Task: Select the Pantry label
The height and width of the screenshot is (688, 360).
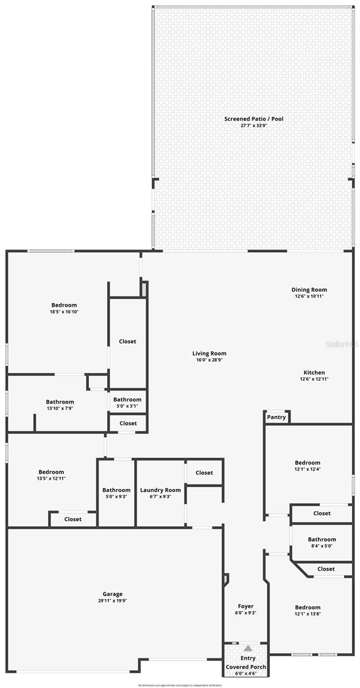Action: coord(276,417)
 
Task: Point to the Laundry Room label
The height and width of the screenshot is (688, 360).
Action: coord(161,490)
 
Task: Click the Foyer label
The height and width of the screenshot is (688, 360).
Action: coord(245,606)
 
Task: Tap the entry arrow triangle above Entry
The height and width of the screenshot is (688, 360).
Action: coord(248,648)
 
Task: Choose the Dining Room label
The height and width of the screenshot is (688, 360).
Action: coord(309,290)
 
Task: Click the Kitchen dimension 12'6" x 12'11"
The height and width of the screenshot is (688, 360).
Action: coord(314,379)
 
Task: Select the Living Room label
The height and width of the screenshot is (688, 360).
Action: coord(209,354)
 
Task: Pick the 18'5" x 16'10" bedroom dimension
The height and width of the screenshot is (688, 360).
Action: coord(64,312)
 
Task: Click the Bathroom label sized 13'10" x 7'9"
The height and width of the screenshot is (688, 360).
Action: coord(60,402)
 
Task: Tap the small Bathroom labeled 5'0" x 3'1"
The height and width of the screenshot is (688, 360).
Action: coord(127,400)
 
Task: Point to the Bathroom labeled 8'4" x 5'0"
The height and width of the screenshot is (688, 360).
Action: coord(322,540)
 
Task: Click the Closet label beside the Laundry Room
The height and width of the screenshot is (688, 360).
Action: coord(204,473)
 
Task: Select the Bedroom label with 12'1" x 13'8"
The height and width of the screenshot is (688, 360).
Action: coord(308,607)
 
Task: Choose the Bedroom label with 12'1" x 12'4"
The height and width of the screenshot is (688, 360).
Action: coord(308,463)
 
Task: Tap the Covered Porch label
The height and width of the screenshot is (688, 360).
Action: coord(245,667)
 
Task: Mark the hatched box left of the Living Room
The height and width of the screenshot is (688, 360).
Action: coord(144,289)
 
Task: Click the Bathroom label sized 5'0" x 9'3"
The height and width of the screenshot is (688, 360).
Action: coord(116,490)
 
